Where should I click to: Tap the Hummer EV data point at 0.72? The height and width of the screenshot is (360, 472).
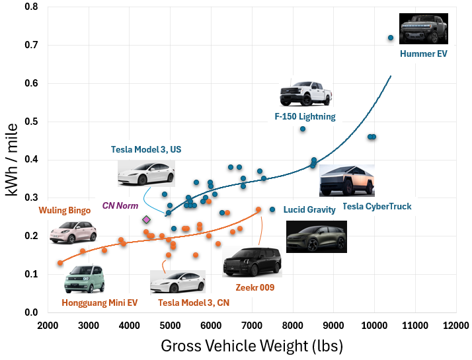click(x=391, y=38)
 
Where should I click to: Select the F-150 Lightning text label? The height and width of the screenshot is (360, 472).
click(x=305, y=116)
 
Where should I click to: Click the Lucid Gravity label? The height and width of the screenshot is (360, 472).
click(x=311, y=209)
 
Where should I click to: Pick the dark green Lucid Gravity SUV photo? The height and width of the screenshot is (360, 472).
click(x=316, y=236)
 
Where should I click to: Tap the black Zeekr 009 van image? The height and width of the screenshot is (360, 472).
click(x=252, y=262)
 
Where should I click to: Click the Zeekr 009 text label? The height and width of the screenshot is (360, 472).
click(x=255, y=287)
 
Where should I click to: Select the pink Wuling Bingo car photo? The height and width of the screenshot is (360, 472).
click(x=73, y=232)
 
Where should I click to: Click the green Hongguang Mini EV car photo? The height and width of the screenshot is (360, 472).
click(x=84, y=279)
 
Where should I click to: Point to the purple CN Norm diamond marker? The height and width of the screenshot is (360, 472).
click(x=146, y=219)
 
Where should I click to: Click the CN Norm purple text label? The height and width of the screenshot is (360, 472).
click(x=120, y=205)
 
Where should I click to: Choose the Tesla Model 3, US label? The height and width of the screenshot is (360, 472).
click(x=146, y=149)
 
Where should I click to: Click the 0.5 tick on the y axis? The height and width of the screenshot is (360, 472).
click(x=30, y=122)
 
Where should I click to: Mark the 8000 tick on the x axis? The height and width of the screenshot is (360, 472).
click(x=293, y=326)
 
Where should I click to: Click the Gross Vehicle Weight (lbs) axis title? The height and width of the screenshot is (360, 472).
click(x=252, y=345)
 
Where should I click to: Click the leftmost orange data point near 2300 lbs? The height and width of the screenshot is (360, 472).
click(x=60, y=263)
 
